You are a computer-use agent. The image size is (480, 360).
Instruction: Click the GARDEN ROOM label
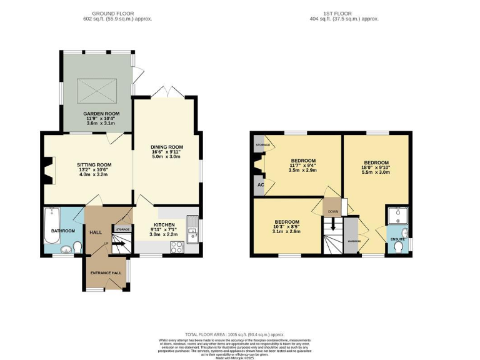[x=97, y=114]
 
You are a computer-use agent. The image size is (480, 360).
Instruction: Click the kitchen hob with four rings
[x=176, y=246]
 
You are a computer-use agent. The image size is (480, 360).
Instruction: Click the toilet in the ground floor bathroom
[x=77, y=248]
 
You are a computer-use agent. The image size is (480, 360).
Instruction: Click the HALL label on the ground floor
[x=96, y=232]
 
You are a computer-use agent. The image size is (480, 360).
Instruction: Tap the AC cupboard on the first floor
[x=259, y=186]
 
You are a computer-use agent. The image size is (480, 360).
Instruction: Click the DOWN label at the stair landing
[x=333, y=211]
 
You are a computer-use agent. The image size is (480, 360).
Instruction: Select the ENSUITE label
[x=397, y=239]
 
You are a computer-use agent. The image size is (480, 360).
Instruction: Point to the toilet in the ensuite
[x=399, y=247]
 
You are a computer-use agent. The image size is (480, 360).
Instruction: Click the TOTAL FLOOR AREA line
[x=239, y=335]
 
